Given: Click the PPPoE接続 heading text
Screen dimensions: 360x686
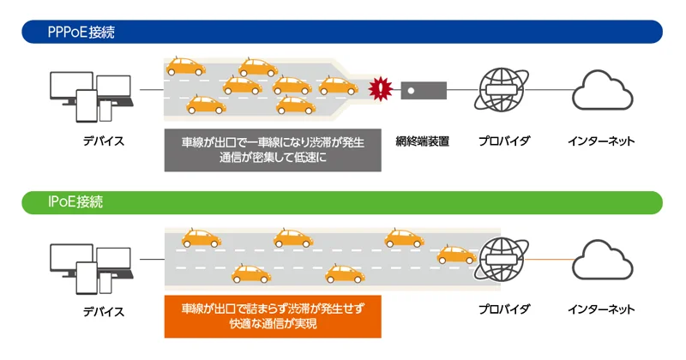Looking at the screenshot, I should click(81, 33).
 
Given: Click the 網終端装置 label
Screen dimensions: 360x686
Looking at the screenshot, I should click(423, 141).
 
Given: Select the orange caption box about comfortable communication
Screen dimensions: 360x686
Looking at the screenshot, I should click(273, 316).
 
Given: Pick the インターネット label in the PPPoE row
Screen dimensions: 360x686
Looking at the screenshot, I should click(601, 141).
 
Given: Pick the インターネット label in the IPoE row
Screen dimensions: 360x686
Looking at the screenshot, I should click(601, 309).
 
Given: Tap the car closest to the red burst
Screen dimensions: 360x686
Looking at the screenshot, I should click(338, 86).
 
